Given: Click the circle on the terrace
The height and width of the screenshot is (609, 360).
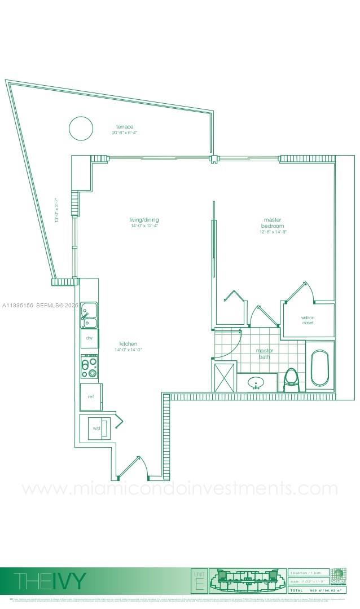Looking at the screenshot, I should click(81, 128).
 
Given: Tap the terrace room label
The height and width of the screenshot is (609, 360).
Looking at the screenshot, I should click(125, 127).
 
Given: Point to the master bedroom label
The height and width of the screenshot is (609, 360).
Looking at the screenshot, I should click(273, 222).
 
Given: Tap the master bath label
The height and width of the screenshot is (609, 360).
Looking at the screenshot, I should click(264, 353).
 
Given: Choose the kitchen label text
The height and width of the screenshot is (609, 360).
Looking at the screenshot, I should click(128, 344).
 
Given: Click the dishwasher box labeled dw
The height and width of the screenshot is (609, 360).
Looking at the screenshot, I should click(89, 338).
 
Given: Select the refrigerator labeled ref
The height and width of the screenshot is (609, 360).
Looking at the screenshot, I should click(90, 396).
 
